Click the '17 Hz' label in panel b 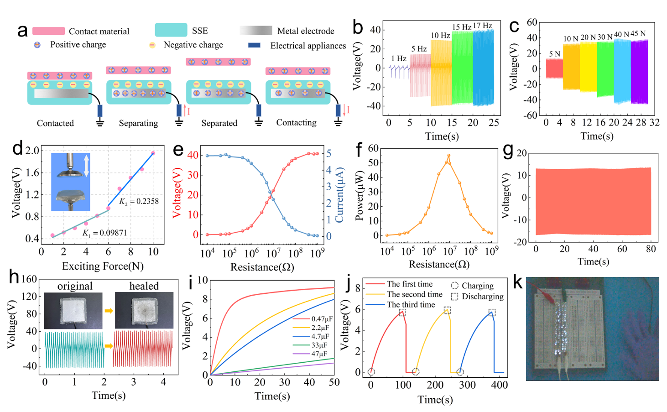click(483, 26)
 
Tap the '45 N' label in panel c click(638, 34)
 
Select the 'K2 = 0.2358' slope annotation click(139, 201)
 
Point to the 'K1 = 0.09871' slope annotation click(104, 233)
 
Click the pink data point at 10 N click(153, 153)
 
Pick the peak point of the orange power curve click(449, 156)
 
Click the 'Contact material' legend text click(99, 31)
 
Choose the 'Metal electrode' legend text click(305, 31)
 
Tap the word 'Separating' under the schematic click(138, 123)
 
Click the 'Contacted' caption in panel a click(55, 123)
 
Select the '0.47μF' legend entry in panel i click(322, 319)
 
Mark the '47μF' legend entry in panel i click(319, 354)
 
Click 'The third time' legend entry click(411, 305)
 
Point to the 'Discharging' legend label click(482, 297)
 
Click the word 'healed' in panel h click(144, 286)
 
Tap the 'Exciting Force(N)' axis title click(103, 266)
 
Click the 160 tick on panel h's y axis click(29, 279)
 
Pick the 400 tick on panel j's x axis click(500, 385)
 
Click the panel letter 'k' click(517, 283)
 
